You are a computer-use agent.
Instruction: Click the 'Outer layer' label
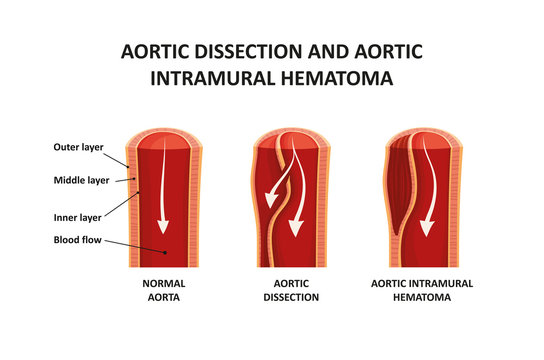coord(78,147)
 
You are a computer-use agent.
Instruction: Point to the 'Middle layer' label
coord(81,180)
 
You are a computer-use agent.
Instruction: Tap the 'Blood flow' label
coord(77,240)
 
